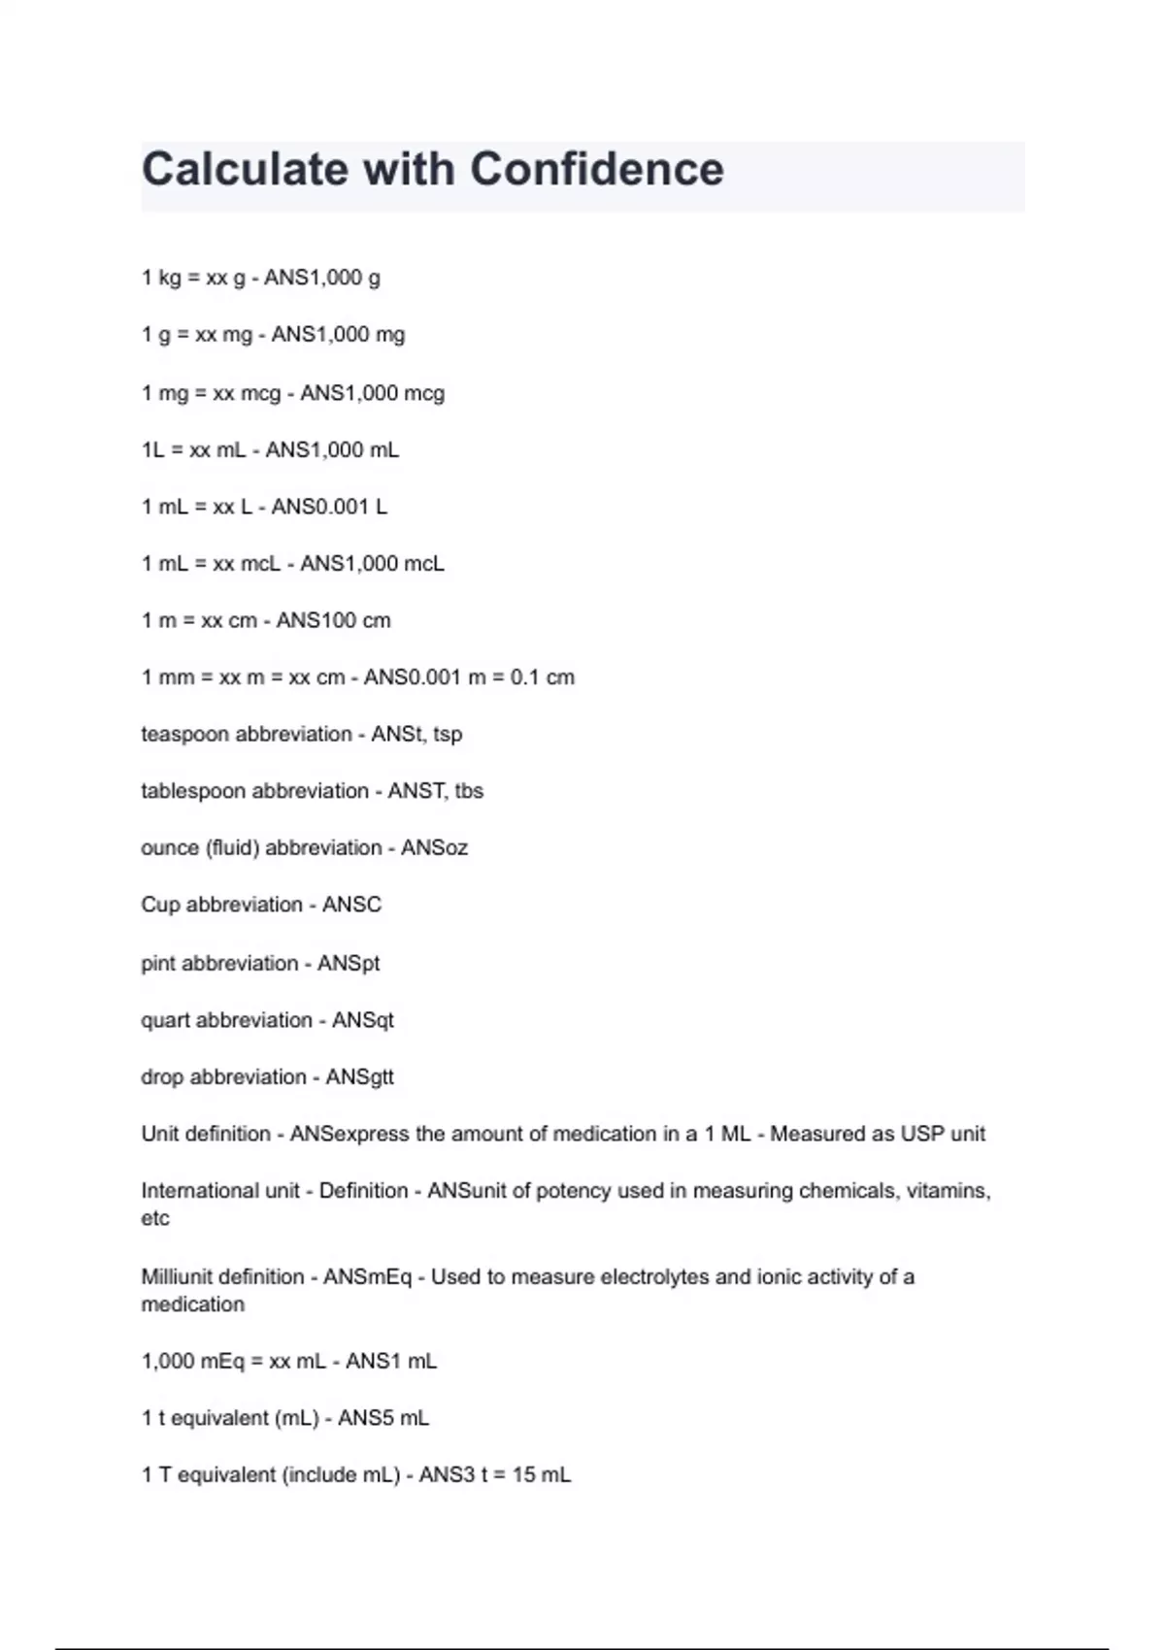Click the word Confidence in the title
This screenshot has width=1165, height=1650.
click(x=597, y=170)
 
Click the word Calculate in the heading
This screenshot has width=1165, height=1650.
click(x=245, y=170)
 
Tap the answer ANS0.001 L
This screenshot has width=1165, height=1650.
click(x=329, y=507)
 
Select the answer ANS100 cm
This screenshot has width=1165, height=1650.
click(x=333, y=620)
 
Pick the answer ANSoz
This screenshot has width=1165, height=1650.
click(x=434, y=848)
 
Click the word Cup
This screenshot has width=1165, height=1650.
click(x=160, y=905)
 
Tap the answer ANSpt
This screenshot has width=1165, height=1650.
click(x=349, y=964)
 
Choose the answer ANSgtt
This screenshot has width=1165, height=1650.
click(x=359, y=1077)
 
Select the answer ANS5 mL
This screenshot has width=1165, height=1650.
click(x=383, y=1418)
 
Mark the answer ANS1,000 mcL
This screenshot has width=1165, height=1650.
click(x=372, y=564)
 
